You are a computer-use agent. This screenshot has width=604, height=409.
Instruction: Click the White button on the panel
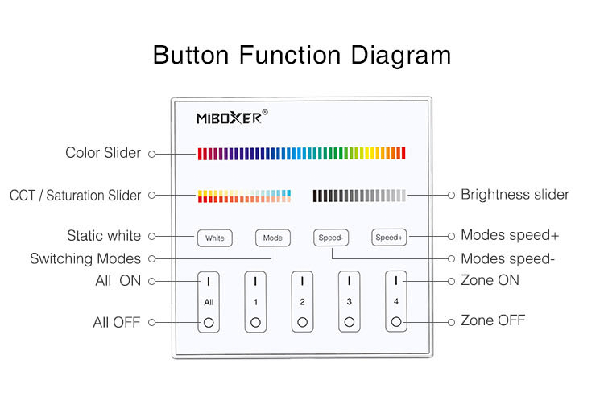pos(214,238)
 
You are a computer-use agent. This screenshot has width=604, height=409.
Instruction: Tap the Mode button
pos(273,238)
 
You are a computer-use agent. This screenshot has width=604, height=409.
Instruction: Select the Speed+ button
pos(389,238)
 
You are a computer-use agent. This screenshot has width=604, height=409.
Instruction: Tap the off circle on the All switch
pos(209,322)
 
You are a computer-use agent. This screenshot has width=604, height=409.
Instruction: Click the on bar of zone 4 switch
pos(396,281)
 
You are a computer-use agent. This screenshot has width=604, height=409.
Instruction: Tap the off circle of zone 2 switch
pos(302,322)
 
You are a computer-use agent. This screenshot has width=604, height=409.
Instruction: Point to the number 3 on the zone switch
pos(349,302)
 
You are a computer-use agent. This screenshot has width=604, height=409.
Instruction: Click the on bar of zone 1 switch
pos(255,281)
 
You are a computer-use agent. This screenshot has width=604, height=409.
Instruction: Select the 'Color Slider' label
pos(103,153)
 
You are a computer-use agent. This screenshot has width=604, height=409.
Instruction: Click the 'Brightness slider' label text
pos(515,195)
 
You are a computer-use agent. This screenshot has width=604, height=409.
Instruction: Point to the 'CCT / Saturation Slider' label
pos(76,196)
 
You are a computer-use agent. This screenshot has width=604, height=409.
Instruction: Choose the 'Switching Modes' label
pos(85,259)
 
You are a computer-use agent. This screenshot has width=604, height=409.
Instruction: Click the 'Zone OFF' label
pos(493,320)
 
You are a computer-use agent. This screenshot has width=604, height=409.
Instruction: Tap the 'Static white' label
pos(104,236)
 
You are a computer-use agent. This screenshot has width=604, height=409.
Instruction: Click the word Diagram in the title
pos(400,56)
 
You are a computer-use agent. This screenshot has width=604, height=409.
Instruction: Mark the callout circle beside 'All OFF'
pos(152,322)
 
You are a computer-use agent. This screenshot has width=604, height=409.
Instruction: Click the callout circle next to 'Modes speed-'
pos(452,258)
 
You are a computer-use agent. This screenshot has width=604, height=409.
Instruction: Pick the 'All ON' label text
pos(118,281)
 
